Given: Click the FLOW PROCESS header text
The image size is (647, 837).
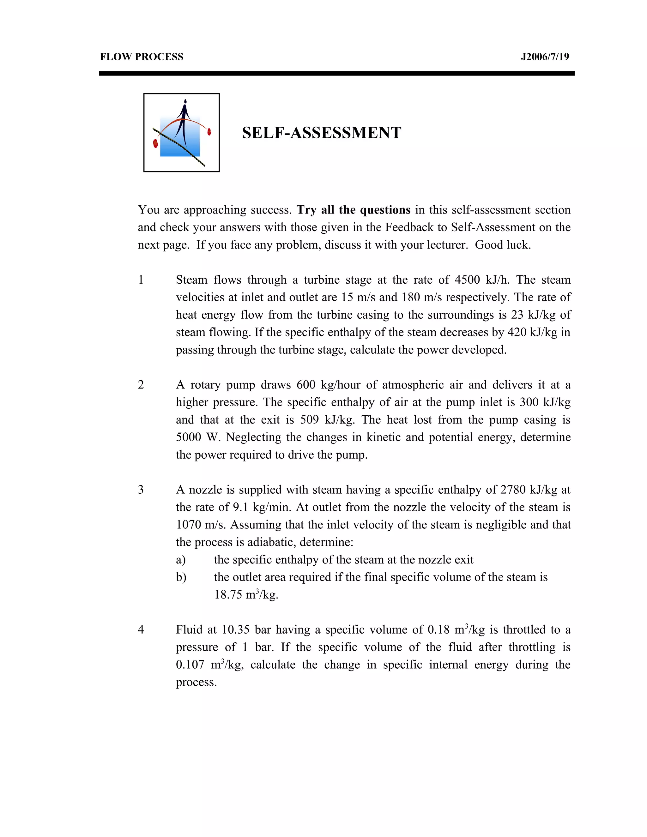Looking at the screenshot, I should tap(142, 57).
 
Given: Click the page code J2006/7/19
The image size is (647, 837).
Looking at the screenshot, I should tap(545, 57).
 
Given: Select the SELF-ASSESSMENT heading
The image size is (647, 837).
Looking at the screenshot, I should tap(321, 133).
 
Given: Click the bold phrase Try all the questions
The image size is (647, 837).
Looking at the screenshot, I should tap(354, 210).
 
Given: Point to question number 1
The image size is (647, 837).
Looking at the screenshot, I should tap(141, 280).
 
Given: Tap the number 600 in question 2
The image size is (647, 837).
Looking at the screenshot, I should tap(306, 384).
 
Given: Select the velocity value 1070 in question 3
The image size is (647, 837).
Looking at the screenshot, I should tap(189, 524).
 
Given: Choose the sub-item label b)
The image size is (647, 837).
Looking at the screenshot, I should tap(181, 577).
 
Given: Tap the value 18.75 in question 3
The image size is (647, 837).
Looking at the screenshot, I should tap(228, 594).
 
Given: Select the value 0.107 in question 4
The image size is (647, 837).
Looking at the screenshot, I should tap(190, 665).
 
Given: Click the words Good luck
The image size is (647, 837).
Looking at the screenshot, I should tap(503, 244).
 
